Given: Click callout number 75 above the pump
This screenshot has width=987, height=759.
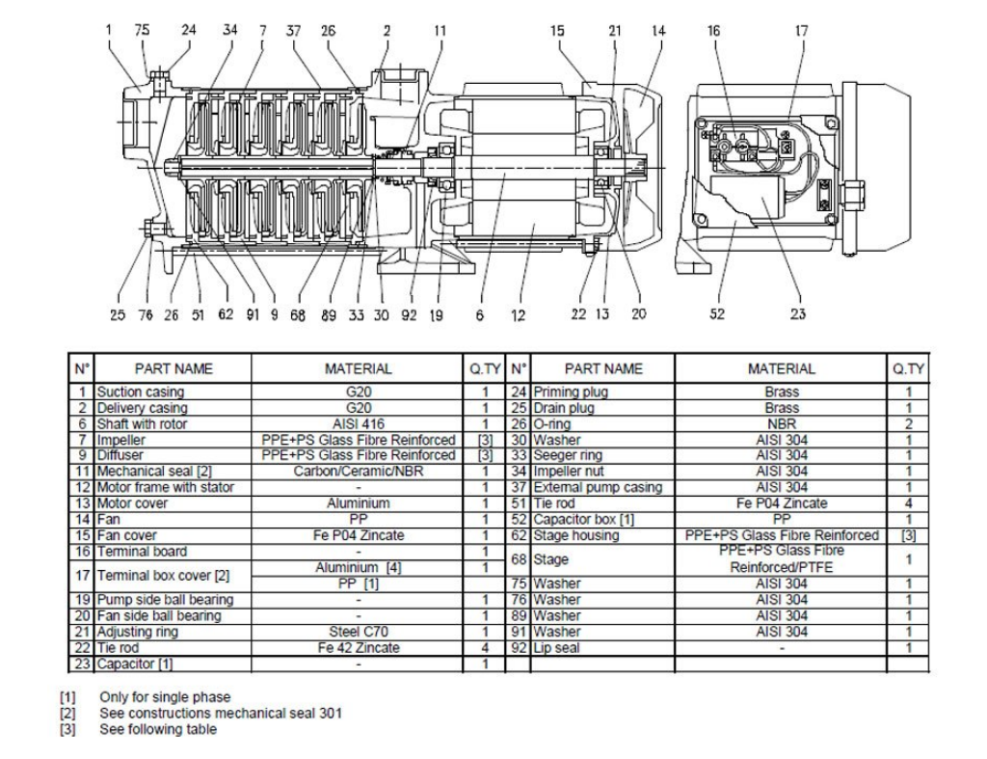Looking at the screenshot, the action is pyautogui.click(x=143, y=30).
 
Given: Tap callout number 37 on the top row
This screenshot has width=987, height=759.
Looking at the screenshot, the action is pyautogui.click(x=293, y=30).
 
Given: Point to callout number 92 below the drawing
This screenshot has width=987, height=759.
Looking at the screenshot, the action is pyautogui.click(x=409, y=314).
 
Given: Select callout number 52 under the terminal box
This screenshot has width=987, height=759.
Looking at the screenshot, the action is pyautogui.click(x=717, y=313).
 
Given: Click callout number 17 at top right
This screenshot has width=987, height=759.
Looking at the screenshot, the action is pyautogui.click(x=801, y=30).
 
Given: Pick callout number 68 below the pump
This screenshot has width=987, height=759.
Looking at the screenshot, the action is pyautogui.click(x=298, y=314).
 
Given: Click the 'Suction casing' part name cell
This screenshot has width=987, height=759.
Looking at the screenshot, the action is pyautogui.click(x=141, y=392).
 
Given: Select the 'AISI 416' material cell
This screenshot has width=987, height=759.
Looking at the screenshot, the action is pyautogui.click(x=359, y=424).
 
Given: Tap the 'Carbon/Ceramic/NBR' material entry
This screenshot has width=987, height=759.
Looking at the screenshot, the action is pyautogui.click(x=359, y=472).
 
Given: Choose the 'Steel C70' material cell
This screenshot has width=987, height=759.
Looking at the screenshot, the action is pyautogui.click(x=359, y=632).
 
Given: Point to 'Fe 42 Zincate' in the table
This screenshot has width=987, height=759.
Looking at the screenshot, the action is pyautogui.click(x=359, y=647).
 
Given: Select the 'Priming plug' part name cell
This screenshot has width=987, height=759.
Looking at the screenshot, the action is pyautogui.click(x=571, y=392).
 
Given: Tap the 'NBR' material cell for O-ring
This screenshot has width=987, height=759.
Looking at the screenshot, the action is pyautogui.click(x=781, y=424).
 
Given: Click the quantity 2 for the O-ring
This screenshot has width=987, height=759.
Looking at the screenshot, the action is pyautogui.click(x=908, y=424).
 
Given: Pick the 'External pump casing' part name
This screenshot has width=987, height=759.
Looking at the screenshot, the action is pyautogui.click(x=598, y=488).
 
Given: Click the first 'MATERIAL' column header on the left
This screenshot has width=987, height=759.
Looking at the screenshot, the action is pyautogui.click(x=359, y=368).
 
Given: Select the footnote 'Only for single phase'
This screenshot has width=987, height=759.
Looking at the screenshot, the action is pyautogui.click(x=165, y=697).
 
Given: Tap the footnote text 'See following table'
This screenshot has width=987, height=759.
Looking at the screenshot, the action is pyautogui.click(x=158, y=729).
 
